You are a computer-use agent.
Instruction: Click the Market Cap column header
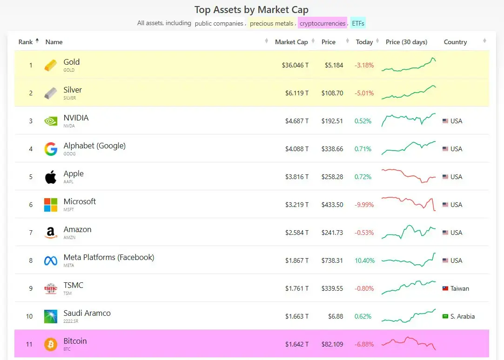(291, 42)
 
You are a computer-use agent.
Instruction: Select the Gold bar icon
(51, 65)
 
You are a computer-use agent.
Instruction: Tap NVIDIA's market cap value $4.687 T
(297, 121)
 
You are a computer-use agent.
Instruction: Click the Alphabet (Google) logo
(51, 149)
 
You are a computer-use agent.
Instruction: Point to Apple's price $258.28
(332, 177)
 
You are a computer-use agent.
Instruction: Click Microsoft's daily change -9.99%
(364, 205)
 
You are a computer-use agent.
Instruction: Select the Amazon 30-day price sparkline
(409, 232)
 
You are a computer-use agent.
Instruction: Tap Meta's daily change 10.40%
(364, 260)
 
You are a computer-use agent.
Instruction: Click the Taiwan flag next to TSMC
(445, 288)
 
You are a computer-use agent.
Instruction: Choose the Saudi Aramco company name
(87, 313)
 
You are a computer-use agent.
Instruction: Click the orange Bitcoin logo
(51, 344)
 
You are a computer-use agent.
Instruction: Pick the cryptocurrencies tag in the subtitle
(323, 23)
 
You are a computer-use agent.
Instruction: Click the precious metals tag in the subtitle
(272, 23)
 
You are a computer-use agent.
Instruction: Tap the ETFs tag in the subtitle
(358, 23)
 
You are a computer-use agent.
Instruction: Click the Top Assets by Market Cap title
(251, 10)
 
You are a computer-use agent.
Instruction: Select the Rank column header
(26, 42)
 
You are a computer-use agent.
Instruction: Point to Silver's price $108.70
(332, 93)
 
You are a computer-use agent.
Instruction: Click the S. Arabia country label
(463, 316)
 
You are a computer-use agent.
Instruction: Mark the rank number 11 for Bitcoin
(29, 344)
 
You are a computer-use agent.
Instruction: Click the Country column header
(455, 42)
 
